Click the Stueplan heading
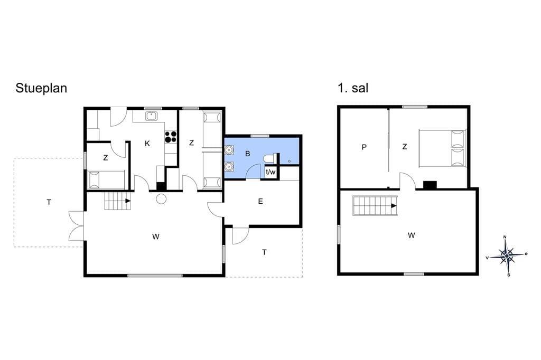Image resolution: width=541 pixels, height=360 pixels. [41, 89]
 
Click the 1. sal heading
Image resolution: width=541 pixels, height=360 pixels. [353, 88]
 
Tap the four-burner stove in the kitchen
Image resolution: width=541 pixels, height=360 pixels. [171, 137]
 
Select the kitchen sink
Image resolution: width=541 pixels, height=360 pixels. [151, 116]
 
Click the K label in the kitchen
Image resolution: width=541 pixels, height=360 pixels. [147, 144]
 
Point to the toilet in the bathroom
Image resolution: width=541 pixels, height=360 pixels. [269, 159]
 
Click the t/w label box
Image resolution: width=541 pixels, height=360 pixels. [270, 172]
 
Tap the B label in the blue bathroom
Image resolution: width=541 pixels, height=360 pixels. [247, 154]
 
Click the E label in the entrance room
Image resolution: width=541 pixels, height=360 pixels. [260, 202]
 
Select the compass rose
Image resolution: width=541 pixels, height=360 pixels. [507, 255]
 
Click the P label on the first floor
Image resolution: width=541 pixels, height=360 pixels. [364, 148]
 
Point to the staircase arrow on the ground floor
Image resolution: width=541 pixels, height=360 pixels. [128, 201]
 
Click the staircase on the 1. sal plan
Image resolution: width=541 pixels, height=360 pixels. [375, 205]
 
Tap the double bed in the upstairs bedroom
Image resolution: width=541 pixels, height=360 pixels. [442, 148]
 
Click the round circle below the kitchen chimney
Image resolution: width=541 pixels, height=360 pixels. [161, 199]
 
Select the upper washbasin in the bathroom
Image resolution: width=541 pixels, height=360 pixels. [229, 150]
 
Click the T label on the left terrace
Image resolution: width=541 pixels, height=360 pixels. [49, 202]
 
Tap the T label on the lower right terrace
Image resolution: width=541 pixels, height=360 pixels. [264, 252]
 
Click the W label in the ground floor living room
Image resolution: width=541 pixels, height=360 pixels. [156, 237]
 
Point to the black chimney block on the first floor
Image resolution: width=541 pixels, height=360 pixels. [430, 185]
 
